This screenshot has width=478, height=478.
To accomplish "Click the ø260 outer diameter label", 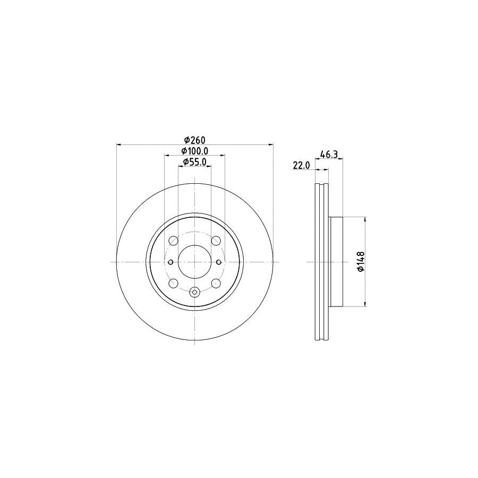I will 194,140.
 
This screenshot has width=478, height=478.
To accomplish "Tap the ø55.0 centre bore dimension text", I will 194,162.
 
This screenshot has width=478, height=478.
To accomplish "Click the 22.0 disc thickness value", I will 301,166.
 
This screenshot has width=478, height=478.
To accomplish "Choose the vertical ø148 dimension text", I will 361,262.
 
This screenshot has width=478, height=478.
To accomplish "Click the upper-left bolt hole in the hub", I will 173,242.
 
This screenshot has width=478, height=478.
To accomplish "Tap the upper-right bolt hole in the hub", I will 216,242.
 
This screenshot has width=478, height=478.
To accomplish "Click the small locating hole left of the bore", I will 170,262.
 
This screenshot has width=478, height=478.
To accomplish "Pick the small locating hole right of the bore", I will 219,262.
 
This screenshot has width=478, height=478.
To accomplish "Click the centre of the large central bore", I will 194,262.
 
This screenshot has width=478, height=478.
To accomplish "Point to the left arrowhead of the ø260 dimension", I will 118,144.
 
